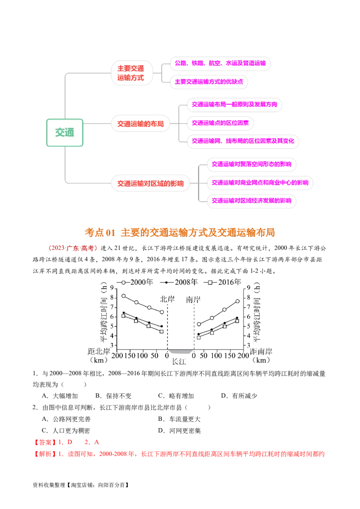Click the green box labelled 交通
pyautogui.click(x=65, y=133)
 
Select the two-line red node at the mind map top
pyautogui.click(x=131, y=73)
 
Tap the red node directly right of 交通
pyautogui.click(x=140, y=124)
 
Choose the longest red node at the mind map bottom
pyautogui.click(x=151, y=183)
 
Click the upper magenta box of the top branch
pyautogui.click(x=220, y=63)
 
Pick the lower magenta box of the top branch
pyautogui.click(x=209, y=82)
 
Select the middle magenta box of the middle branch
pyautogui.click(x=220, y=122)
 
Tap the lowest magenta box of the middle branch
pyautogui.click(x=243, y=141)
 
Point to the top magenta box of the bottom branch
pyautogui.click(x=251, y=164)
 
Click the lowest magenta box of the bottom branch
pyautogui.click(x=251, y=201)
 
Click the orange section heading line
pyautogui.click(x=180, y=232)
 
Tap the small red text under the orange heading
pyautogui.click(x=72, y=248)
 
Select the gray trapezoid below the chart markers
pyautogui.click(x=180, y=353)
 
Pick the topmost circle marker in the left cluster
pyautogui.click(x=123, y=282)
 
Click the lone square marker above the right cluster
pyautogui.click(x=210, y=282)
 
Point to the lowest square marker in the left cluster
pyautogui.click(x=162, y=331)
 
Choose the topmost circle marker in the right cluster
pyautogui.click(x=237, y=301)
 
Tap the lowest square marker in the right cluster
pyautogui.click(x=198, y=337)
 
